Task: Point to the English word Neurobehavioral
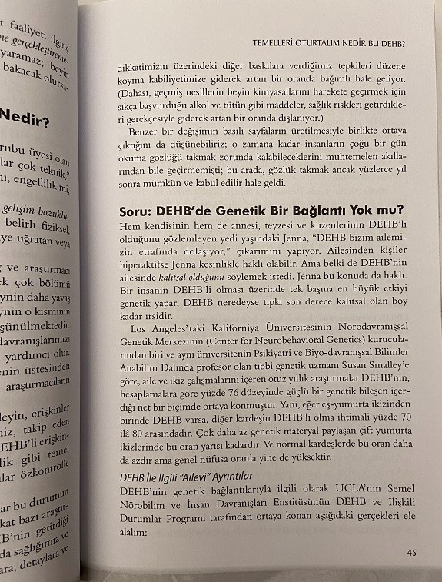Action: coord(289,342)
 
